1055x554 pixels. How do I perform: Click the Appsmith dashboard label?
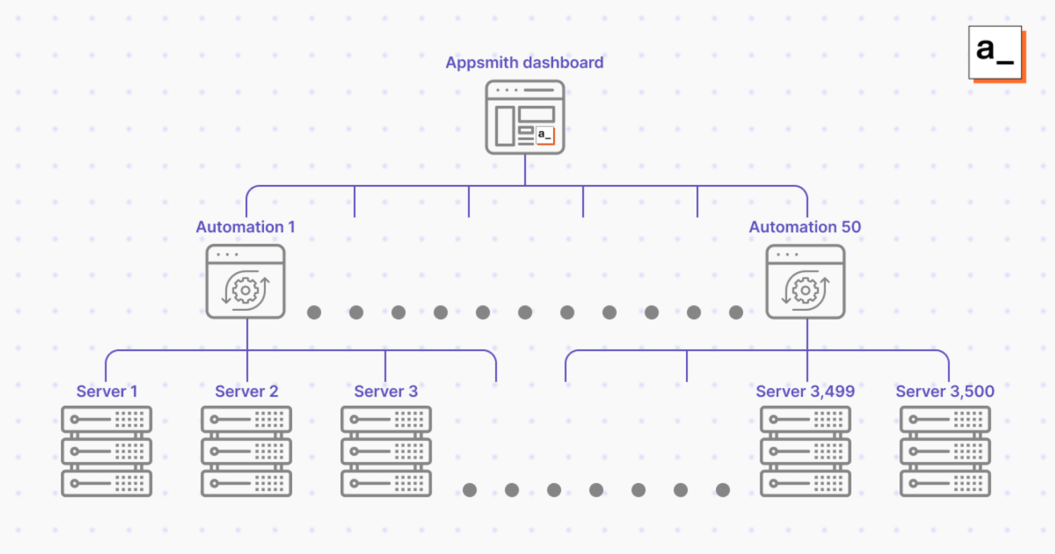[x=524, y=63]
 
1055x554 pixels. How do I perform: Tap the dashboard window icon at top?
[x=525, y=117]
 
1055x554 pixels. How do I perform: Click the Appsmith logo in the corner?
[x=995, y=53]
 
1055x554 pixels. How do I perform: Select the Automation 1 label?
[x=245, y=227]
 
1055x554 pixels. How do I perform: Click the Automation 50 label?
[x=805, y=227]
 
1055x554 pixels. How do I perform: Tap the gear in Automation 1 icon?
[x=245, y=290]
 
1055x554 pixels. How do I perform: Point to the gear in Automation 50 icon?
[x=805, y=290]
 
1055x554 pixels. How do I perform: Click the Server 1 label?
[x=107, y=391]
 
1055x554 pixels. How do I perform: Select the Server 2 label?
[x=246, y=391]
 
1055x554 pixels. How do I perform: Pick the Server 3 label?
[x=386, y=391]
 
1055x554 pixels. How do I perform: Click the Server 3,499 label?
[x=805, y=391]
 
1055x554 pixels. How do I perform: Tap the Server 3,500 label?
[x=945, y=391]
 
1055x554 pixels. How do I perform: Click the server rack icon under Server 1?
[x=107, y=451]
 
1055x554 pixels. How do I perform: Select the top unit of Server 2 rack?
[x=246, y=420]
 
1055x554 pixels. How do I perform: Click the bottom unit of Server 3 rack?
[x=386, y=483]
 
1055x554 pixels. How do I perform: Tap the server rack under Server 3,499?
[x=805, y=451]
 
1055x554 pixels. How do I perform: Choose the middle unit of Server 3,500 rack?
[x=945, y=452]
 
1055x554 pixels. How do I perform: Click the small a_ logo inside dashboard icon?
[x=545, y=135]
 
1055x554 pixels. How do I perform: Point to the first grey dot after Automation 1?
[x=314, y=312]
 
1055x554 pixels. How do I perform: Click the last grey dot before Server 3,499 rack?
[x=723, y=490]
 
